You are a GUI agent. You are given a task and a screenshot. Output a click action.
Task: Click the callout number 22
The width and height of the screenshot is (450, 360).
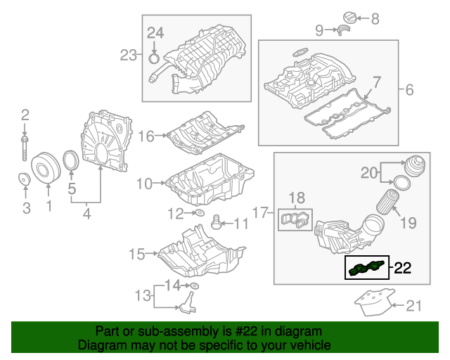point(402,268)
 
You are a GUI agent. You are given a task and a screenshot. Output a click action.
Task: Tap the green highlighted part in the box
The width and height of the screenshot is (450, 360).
point(366,267)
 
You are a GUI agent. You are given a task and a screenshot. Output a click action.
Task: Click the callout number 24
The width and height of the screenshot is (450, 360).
point(155,32)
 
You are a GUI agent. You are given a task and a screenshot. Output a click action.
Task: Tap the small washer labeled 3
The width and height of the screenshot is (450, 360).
point(25,182)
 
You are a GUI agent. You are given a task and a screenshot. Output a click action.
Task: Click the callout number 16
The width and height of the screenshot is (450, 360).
point(146,136)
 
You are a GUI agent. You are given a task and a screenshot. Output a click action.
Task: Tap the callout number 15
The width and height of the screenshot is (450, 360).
point(137,252)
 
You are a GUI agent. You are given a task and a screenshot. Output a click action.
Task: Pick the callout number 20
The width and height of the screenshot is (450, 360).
point(371,172)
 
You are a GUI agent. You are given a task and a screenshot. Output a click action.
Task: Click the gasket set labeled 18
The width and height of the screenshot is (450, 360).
point(296,219)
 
